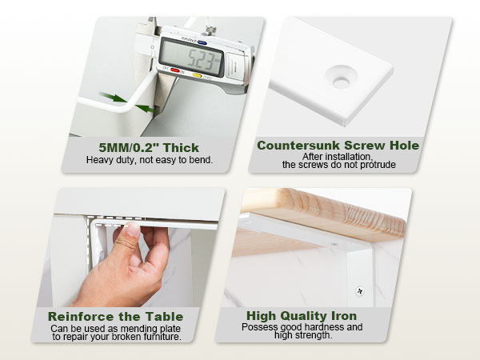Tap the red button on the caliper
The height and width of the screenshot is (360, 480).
click(175, 70)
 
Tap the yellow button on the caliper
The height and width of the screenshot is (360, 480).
click(197, 75)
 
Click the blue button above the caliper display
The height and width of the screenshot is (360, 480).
click(202, 42)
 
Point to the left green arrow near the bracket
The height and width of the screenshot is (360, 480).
click(113, 98)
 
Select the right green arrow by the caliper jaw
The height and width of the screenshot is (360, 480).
click(145, 108)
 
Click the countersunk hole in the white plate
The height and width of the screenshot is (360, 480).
click(341, 82)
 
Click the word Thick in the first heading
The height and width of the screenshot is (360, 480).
click(181, 148)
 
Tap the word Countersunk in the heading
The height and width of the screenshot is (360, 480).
click(298, 146)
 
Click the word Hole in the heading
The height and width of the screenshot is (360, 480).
click(404, 146)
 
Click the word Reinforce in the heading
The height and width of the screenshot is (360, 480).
click(78, 317)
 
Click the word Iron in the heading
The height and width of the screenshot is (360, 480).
click(344, 316)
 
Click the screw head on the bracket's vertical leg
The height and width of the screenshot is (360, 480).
click(360, 291)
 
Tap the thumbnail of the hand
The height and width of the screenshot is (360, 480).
click(133, 228)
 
